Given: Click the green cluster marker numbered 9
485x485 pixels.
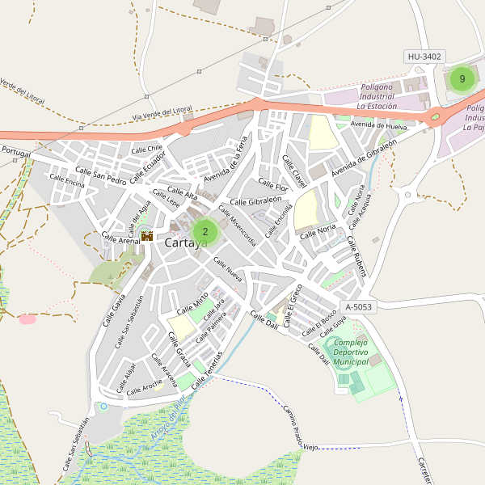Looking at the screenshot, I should click(462, 79).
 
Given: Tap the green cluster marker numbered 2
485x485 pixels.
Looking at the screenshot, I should click(205, 231).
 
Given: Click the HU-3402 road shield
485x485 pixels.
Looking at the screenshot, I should click(424, 56).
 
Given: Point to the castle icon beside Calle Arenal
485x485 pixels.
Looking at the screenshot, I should click(147, 236).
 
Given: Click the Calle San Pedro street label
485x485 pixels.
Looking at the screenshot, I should click(101, 175).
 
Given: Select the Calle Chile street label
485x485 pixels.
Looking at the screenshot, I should click(147, 149).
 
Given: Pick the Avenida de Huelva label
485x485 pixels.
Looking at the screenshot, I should click(379, 126).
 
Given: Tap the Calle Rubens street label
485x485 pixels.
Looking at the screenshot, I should click(357, 256).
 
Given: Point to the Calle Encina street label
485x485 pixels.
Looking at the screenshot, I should click(66, 183).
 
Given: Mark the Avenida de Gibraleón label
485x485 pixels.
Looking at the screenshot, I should click(364, 158).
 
